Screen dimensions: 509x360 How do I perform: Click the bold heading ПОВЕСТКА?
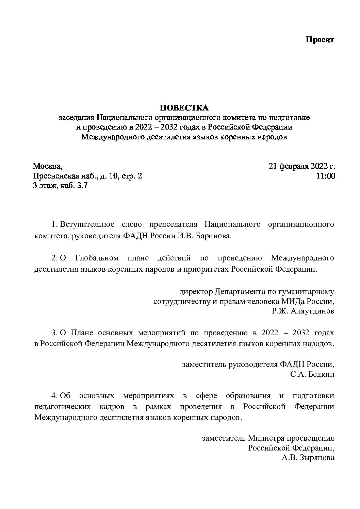point(184,108)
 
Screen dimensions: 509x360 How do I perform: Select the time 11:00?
point(326,176)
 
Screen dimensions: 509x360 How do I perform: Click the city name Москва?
point(47,166)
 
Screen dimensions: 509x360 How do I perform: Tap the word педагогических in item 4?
point(63,406)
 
